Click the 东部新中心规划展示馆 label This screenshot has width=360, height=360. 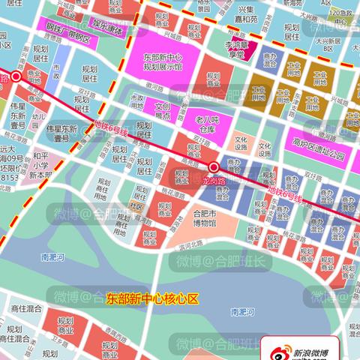pos(162,61)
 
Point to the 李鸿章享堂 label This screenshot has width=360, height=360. pos(237,50)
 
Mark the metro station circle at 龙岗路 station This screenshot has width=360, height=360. pos(214,166)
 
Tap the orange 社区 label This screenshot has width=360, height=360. pos(136,205)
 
